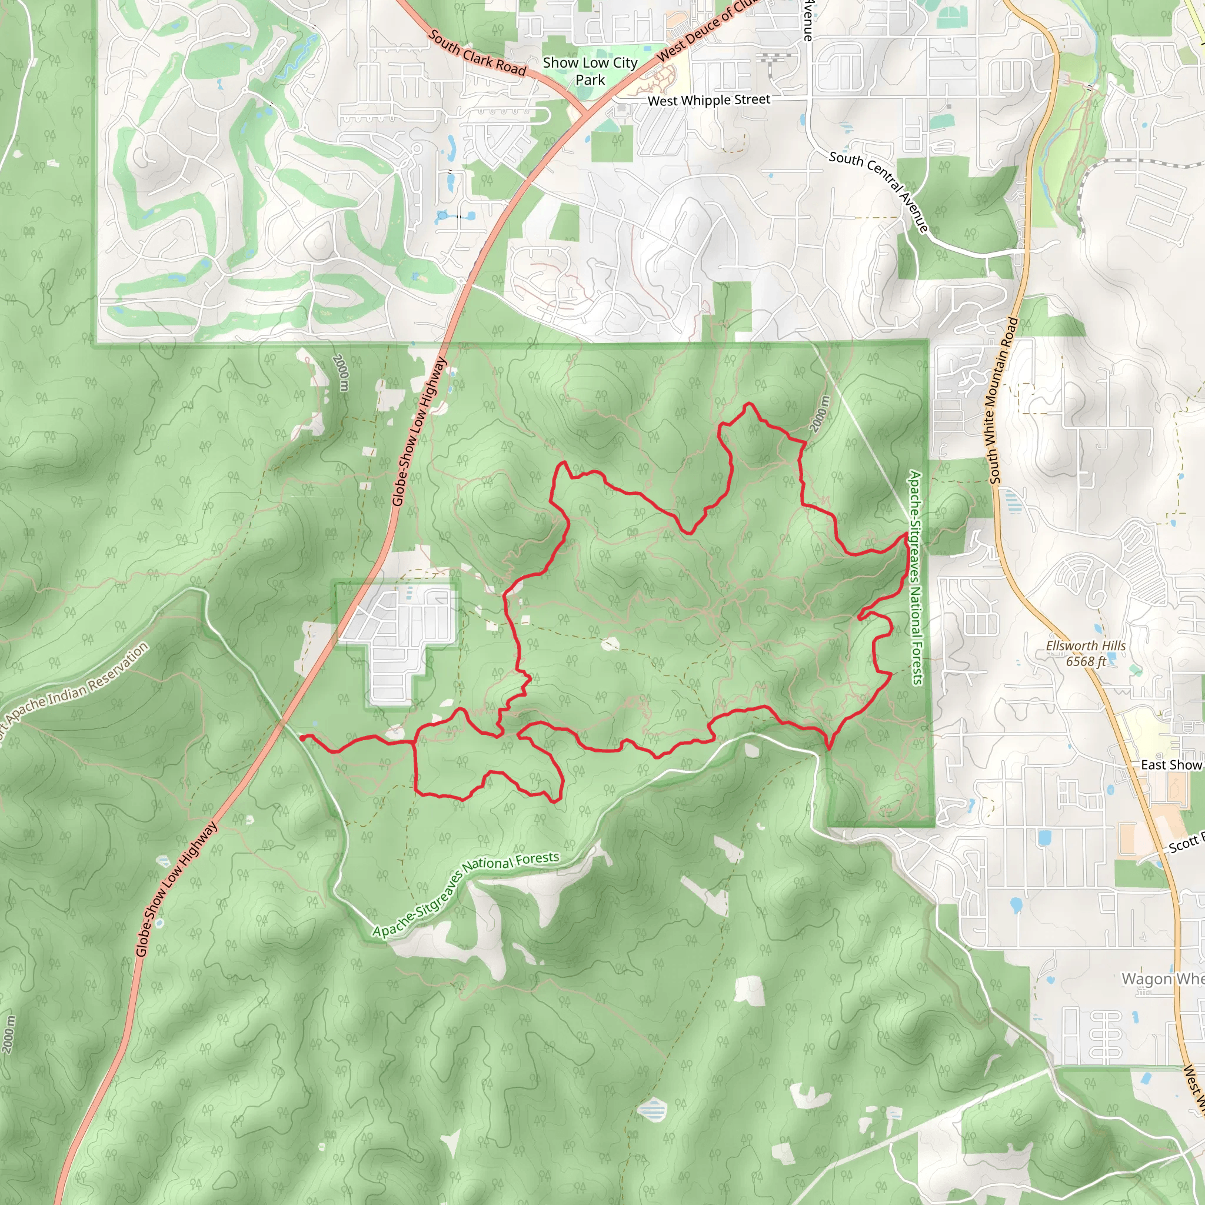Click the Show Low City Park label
590,71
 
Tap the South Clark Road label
477,53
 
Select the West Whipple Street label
708,100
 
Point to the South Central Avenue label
879,190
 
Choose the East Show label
1171,765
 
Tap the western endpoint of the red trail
302,737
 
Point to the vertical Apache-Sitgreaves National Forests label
916,578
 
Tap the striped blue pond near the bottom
653,1110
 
